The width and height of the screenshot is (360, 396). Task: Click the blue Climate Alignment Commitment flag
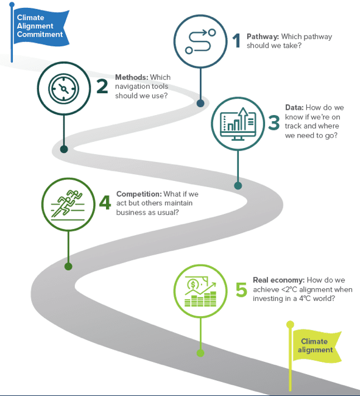pos(41,27)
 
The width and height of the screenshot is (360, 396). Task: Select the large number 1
pos(236,40)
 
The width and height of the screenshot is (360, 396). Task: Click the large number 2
pos(102,86)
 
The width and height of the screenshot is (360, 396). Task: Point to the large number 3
pos(274,122)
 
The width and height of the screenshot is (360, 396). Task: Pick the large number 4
pos(105,202)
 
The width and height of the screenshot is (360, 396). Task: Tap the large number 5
pos(241,289)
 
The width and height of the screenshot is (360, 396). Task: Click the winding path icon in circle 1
pos(200,41)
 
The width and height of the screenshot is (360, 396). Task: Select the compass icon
pos(63,89)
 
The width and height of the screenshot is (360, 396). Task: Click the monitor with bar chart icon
pos(238,124)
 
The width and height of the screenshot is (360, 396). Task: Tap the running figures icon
pos(68,204)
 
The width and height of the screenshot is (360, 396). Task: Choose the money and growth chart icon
pos(200,291)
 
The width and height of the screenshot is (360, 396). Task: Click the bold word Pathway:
pos(263,37)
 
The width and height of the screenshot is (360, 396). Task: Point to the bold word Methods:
pos(132,77)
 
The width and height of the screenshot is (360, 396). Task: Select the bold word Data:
pos(294,108)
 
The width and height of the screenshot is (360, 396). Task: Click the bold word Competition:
pos(139,194)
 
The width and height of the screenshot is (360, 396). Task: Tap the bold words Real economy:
pos(279,280)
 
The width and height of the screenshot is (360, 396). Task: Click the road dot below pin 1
pos(200,103)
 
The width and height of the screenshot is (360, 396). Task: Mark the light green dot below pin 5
pos(200,353)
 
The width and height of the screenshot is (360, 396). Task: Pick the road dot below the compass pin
pos(64,149)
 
